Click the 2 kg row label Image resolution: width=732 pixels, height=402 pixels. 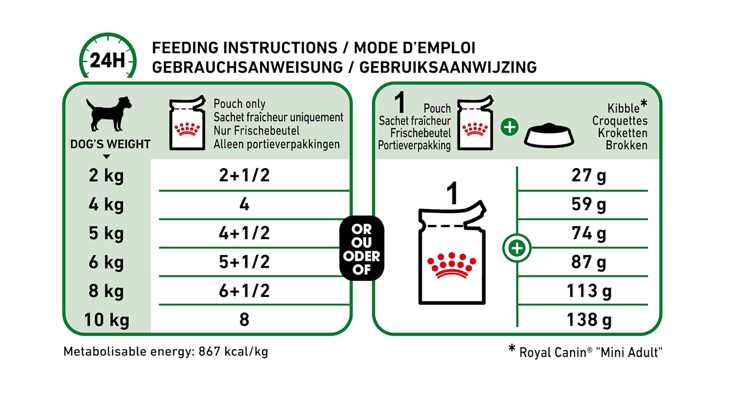point(106,175)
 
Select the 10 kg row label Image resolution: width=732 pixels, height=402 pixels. point(106,320)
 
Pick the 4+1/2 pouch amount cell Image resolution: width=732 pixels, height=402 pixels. point(244,233)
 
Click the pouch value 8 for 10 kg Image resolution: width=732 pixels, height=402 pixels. point(244,320)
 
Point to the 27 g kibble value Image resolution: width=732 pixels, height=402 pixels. point(589,175)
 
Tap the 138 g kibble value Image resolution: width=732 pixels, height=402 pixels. point(589,320)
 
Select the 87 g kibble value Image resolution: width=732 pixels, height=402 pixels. point(589,262)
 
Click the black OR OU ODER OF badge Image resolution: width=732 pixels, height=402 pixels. point(362,249)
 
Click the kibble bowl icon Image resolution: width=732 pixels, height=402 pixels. point(549,135)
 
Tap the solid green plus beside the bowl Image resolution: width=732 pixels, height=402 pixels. point(509,127)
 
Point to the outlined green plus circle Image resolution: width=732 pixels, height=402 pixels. point(517,248)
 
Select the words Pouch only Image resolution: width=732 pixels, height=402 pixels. point(240,104)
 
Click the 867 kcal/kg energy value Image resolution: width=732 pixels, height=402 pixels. point(233,351)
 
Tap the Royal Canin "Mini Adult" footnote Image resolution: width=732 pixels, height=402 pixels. point(590,352)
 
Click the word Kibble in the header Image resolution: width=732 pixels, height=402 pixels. point(623,108)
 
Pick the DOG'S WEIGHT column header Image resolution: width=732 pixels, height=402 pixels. point(110,144)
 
